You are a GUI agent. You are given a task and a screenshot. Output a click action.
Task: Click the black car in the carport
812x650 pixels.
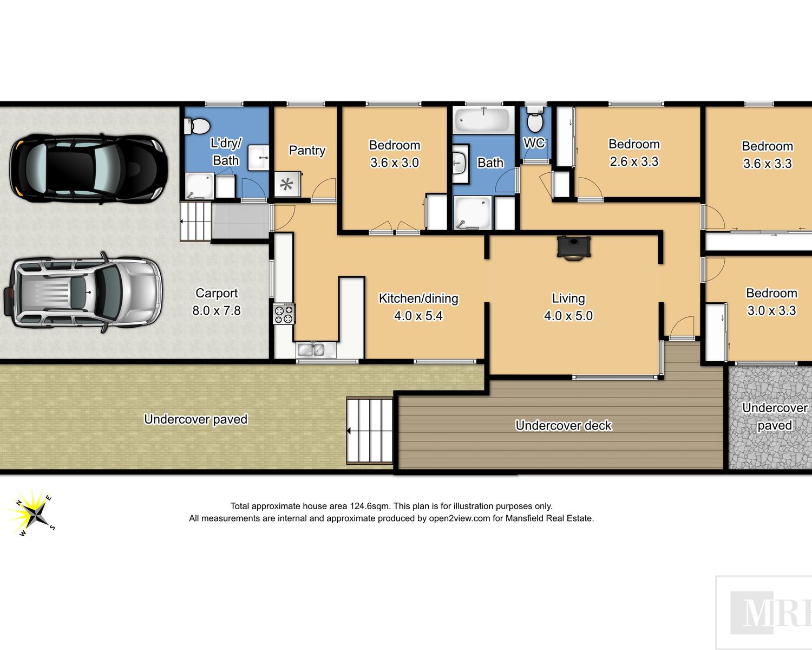coord(89,168)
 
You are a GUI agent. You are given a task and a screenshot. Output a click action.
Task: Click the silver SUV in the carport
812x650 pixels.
coord(83,293)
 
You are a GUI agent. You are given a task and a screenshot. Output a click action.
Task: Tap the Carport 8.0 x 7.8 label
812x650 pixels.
coord(216,302)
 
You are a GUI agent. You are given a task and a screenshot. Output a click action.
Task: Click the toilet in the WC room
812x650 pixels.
coord(535,119)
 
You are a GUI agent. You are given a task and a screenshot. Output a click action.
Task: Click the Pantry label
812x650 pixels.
coord(307,151)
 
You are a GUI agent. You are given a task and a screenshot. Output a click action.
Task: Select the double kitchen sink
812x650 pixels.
coord(311,350)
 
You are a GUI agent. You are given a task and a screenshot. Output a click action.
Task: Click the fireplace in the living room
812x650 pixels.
coord(573,248)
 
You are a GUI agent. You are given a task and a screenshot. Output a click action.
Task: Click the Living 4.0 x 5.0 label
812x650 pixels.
coord(568,307)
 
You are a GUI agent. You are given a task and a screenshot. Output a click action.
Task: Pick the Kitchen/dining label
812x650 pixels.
coord(418,298)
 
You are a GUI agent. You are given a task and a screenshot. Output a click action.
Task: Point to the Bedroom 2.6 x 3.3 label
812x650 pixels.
coord(634,153)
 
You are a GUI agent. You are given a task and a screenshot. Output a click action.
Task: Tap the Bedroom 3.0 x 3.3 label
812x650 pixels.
coord(771,302)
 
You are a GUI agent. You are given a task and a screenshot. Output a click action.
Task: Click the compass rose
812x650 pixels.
coord(33,513)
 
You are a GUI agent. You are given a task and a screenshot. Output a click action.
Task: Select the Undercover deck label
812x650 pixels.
coord(564,426)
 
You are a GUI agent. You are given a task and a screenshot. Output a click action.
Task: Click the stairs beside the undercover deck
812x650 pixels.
coord(370,431)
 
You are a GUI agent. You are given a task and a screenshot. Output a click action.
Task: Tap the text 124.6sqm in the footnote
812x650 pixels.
coord(370,506)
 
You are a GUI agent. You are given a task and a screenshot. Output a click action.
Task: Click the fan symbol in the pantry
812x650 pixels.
coord(287,185)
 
